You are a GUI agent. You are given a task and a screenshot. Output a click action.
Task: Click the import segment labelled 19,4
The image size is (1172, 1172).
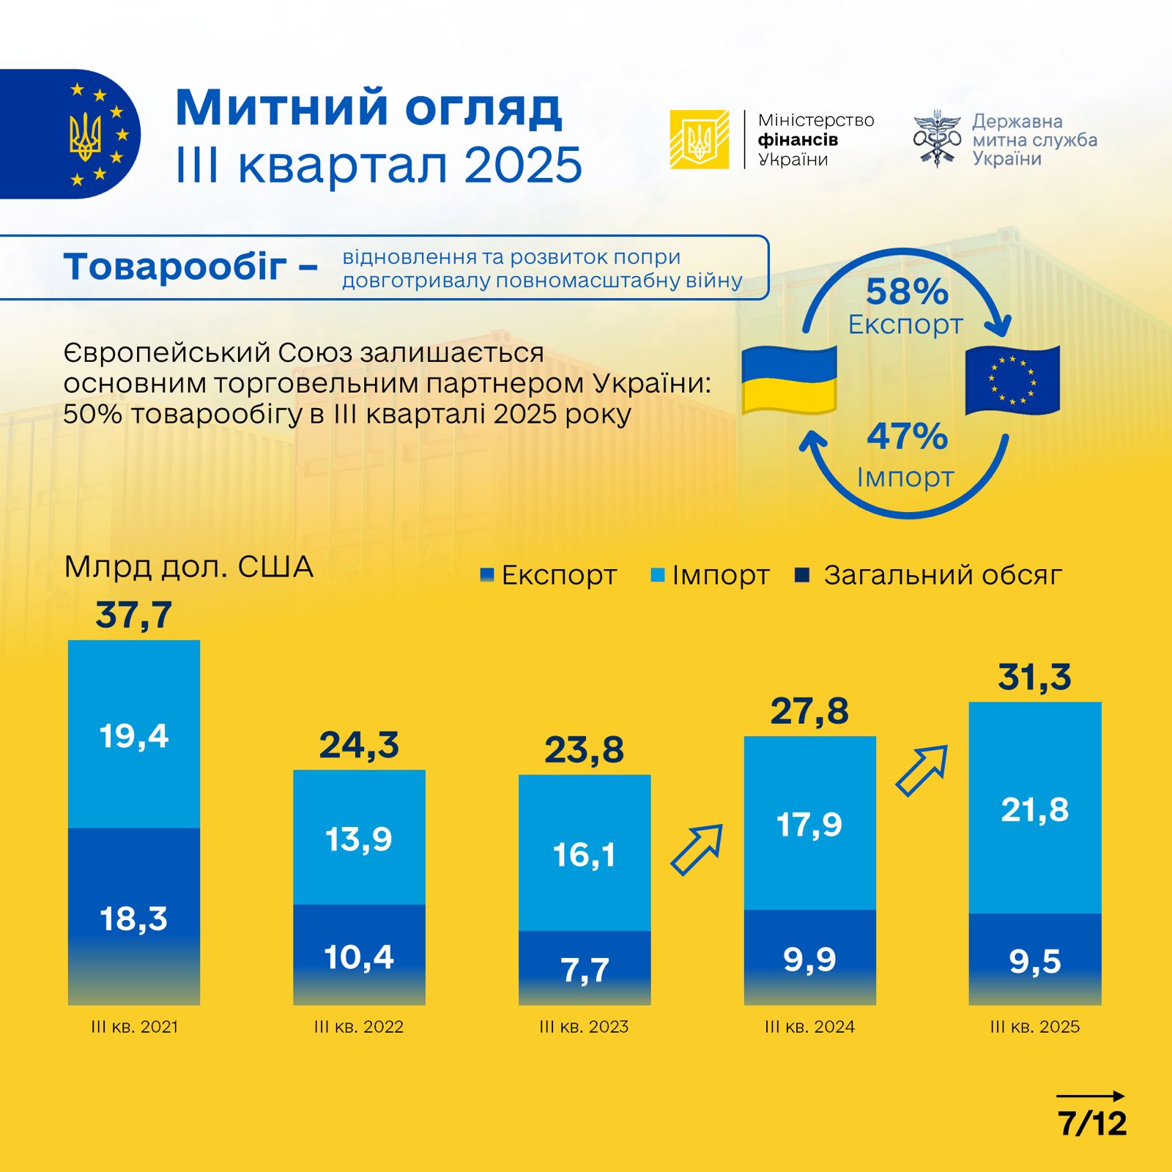pyautogui.click(x=134, y=735)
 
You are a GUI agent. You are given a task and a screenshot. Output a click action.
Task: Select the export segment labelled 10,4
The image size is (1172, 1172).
pyautogui.click(x=359, y=955)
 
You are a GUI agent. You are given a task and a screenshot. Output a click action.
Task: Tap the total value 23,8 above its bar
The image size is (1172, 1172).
pyautogui.click(x=584, y=750)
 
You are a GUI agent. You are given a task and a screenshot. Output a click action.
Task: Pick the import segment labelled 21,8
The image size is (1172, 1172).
pyautogui.click(x=1035, y=809)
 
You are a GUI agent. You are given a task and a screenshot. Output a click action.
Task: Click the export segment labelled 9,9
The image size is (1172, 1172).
pyautogui.click(x=809, y=957)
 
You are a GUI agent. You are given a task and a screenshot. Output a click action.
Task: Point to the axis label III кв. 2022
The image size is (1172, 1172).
pyautogui.click(x=359, y=1027)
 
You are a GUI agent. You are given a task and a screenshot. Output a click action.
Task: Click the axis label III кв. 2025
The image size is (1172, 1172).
pyautogui.click(x=1035, y=1027)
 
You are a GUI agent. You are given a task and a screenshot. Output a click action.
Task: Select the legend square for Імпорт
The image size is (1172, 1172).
pyautogui.click(x=658, y=576)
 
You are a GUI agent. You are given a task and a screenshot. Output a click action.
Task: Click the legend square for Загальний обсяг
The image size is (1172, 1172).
pyautogui.click(x=802, y=576)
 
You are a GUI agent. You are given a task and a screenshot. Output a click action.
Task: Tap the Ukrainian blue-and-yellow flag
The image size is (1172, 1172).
pyautogui.click(x=789, y=380)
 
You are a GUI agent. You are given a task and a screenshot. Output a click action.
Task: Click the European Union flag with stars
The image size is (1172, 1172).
pyautogui.click(x=1012, y=380)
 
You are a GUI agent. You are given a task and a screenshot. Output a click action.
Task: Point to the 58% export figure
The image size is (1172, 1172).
pyautogui.click(x=907, y=292)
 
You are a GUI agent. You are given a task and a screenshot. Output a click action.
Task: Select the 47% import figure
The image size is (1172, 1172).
pyautogui.click(x=907, y=437)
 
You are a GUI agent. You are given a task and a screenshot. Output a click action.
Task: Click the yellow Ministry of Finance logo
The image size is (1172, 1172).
pyautogui.click(x=699, y=139)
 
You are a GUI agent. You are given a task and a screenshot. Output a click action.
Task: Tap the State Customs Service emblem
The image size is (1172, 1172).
pyautogui.click(x=937, y=138)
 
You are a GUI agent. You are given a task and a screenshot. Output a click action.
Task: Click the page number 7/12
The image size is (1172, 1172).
pyautogui.click(x=1092, y=1123)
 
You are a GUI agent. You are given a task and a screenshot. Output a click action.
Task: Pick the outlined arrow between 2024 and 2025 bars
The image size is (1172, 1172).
pyautogui.click(x=922, y=771)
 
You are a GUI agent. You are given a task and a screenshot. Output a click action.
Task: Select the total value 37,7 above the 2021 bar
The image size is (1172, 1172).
pyautogui.click(x=134, y=615)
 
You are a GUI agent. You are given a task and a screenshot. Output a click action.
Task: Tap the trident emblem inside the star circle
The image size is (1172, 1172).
pyautogui.click(x=86, y=136)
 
